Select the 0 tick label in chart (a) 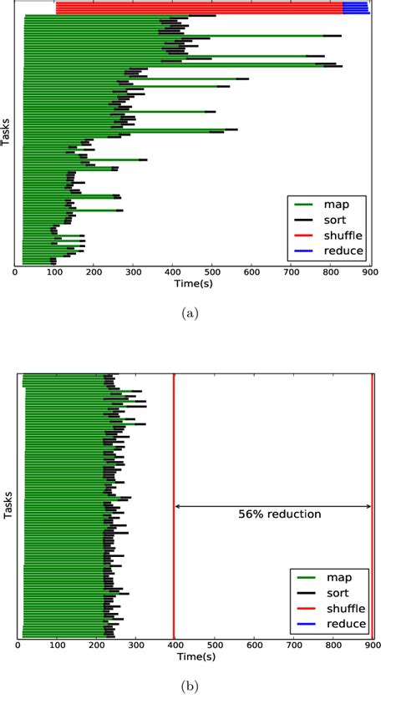point(16,272)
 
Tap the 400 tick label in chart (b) point(175,646)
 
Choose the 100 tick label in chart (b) point(57,646)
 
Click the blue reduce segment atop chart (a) point(356,8)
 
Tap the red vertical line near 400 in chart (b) point(173,501)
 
